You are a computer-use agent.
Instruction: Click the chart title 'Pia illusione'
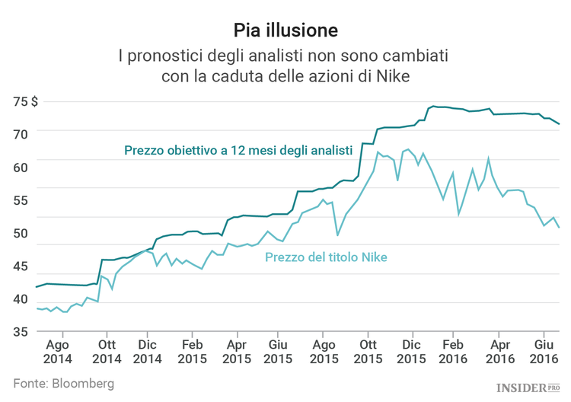pos(285,30)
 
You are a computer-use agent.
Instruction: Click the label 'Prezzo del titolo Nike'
pos(326,257)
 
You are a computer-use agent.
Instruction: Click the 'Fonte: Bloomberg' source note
pos(64,383)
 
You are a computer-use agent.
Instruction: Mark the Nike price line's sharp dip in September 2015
pos(337,234)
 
